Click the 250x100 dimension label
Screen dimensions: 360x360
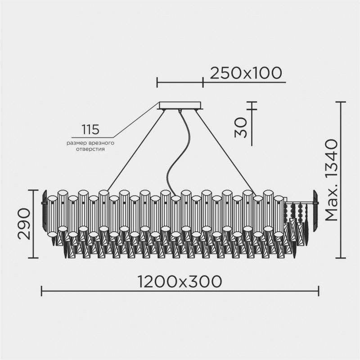click(246, 72)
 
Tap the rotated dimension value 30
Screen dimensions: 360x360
click(241, 127)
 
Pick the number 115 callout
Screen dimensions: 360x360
click(90, 130)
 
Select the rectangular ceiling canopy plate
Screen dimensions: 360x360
click(180, 106)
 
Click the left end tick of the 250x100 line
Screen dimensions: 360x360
click(157, 82)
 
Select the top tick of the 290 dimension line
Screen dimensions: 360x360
click(33, 190)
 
